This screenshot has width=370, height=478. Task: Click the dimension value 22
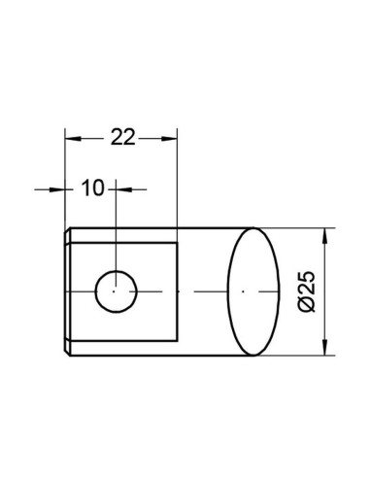tap(120, 138)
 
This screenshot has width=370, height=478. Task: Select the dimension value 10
tap(92, 188)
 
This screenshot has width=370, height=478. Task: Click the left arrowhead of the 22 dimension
tap(70, 138)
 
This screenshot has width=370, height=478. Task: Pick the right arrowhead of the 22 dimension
tap(173, 138)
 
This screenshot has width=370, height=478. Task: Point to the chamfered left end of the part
tap(66, 290)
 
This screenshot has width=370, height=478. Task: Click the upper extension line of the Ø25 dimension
tap(296, 228)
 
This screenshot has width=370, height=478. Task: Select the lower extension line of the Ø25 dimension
tap(296, 353)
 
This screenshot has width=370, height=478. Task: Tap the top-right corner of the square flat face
tap(178, 243)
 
